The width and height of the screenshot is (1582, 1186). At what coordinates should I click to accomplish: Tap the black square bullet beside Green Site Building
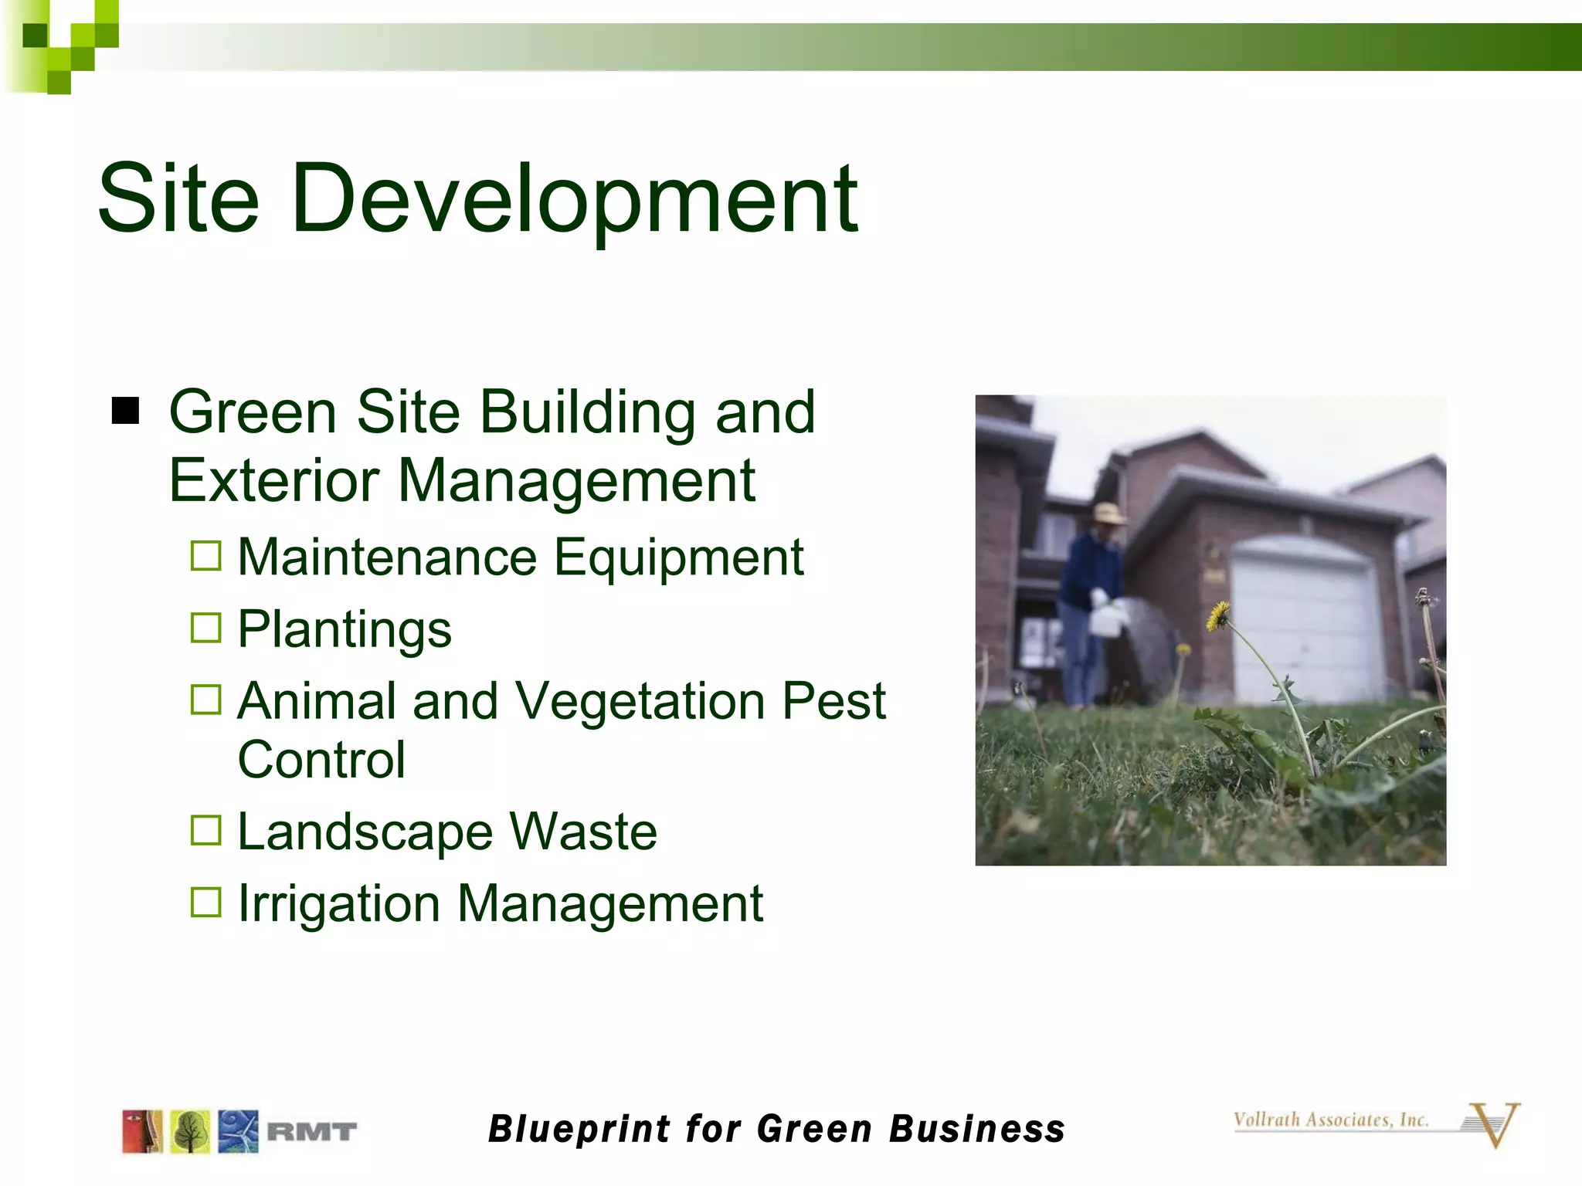tap(125, 412)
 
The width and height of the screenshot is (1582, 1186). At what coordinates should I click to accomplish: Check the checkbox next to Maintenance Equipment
tap(206, 556)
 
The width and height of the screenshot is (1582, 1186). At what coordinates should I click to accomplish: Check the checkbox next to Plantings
tap(206, 628)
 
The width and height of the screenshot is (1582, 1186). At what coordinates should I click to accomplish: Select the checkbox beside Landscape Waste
tap(206, 831)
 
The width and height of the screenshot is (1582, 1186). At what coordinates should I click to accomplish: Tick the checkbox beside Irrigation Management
tap(206, 902)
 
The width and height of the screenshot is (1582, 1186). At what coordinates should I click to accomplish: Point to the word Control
tap(321, 760)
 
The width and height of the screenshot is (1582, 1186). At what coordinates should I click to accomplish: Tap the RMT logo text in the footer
tap(311, 1132)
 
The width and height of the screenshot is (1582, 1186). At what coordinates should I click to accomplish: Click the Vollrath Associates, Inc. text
tap(1330, 1120)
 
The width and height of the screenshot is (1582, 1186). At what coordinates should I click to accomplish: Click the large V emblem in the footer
tap(1495, 1124)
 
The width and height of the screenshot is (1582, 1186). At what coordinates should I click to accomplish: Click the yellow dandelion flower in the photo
tap(1218, 616)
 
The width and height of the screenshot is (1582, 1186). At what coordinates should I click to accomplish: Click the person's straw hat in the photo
tap(1108, 513)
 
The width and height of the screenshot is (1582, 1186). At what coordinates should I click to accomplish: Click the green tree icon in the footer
tap(190, 1132)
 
